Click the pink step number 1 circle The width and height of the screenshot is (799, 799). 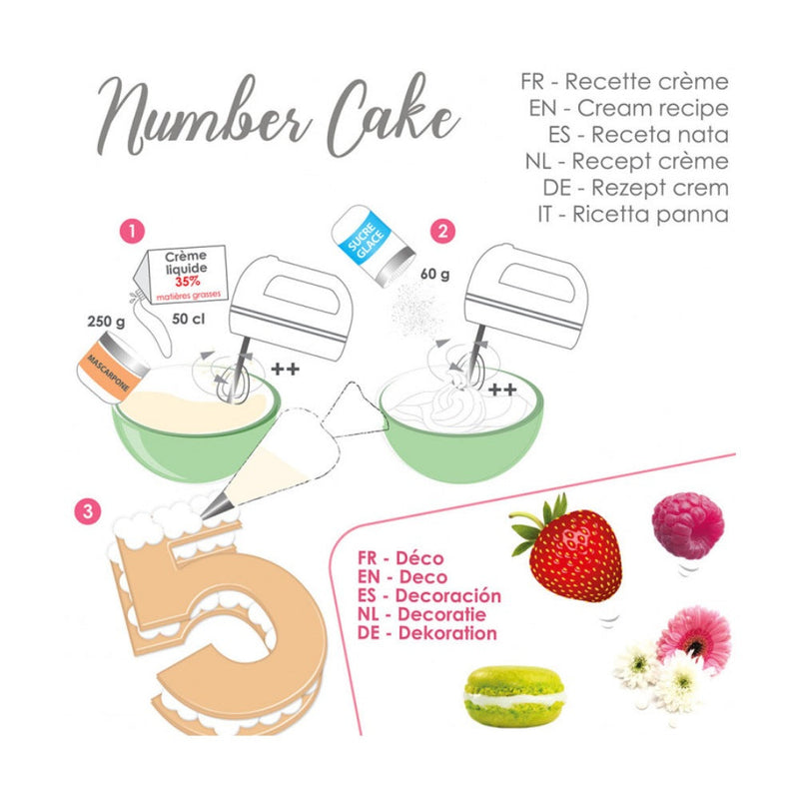[x=132, y=232]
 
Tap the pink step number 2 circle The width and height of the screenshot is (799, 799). [x=442, y=232]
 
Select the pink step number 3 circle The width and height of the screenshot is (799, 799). [x=88, y=511]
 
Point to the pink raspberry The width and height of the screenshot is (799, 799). [x=688, y=526]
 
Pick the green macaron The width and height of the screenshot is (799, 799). [x=514, y=696]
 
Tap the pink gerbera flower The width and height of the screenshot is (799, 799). [x=694, y=638]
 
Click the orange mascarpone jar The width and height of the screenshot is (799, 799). [x=112, y=368]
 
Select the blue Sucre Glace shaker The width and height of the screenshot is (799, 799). [x=373, y=246]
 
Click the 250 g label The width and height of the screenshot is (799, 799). [x=106, y=322]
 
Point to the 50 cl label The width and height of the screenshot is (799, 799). [x=188, y=319]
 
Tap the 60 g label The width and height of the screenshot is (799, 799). [x=435, y=274]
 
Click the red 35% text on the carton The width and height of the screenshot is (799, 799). [x=188, y=282]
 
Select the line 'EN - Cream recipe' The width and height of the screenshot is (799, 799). [x=629, y=108]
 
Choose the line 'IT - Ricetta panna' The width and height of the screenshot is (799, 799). [x=633, y=214]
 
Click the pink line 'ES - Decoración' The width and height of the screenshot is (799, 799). [x=429, y=595]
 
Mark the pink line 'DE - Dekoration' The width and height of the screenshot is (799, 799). [x=427, y=633]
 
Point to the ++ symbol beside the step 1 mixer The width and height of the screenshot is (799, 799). [x=285, y=369]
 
